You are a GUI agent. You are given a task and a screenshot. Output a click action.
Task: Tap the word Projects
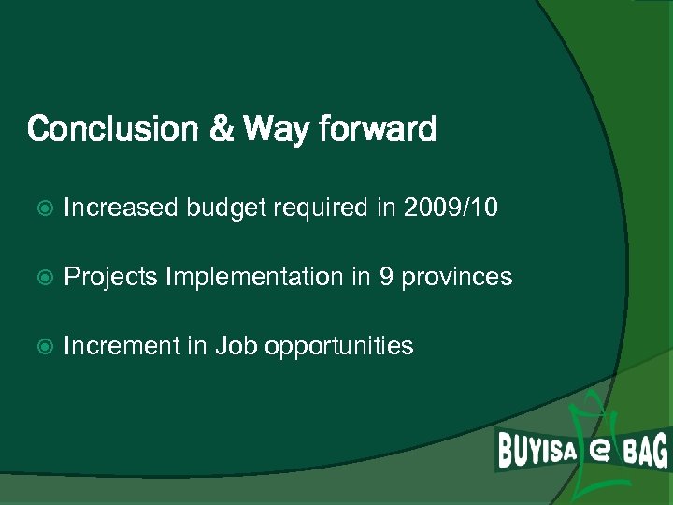(110, 278)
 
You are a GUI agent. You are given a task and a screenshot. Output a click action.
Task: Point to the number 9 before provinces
(386, 277)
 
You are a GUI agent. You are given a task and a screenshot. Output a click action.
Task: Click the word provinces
(457, 278)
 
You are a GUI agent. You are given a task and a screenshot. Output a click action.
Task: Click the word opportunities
(338, 347)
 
